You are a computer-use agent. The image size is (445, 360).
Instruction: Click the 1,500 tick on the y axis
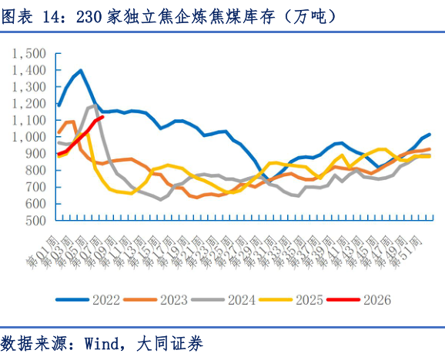coord(30,53)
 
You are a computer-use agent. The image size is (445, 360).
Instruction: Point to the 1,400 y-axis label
coord(30,70)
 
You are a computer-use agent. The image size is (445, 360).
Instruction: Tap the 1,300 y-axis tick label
coord(30,86)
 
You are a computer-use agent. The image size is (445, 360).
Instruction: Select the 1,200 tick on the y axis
coord(30,103)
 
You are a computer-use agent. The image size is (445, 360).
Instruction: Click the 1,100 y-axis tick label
coord(30,120)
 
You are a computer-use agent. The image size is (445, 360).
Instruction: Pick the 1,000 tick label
coord(30,137)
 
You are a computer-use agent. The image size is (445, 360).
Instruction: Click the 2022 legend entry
coord(105,299)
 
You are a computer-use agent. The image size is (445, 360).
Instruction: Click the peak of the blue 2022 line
coord(80,71)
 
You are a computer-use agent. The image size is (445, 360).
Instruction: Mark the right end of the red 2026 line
coord(102,117)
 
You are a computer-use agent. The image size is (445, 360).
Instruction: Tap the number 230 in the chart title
coord(91,16)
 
